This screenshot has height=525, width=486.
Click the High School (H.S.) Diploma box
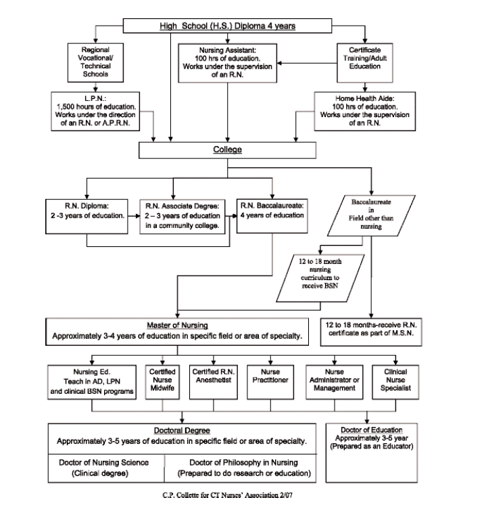click(227, 26)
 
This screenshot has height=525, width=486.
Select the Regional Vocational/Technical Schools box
click(95, 63)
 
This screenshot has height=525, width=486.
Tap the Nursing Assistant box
click(227, 63)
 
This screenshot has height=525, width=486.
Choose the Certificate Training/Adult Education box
click(364, 63)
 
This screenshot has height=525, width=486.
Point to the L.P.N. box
click(95, 111)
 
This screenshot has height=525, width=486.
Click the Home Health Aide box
click(364, 111)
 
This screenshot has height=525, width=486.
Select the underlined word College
click(227, 150)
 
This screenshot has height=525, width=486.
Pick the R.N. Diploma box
click(87, 216)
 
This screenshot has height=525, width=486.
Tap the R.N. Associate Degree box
click(183, 216)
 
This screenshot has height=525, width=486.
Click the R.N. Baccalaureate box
click(272, 216)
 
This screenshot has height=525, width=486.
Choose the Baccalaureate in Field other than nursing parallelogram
click(371, 216)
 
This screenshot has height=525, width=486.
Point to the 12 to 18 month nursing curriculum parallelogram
click(320, 278)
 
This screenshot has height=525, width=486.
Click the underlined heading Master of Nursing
click(177, 325)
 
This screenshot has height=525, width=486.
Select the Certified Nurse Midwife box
click(162, 382)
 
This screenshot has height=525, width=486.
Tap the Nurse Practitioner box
click(270, 382)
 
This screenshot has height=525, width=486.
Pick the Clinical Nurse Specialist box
click(395, 382)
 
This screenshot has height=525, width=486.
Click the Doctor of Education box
click(372, 453)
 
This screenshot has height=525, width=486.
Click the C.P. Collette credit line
click(227, 495)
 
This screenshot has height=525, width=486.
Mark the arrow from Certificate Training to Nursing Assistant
click(307, 63)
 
